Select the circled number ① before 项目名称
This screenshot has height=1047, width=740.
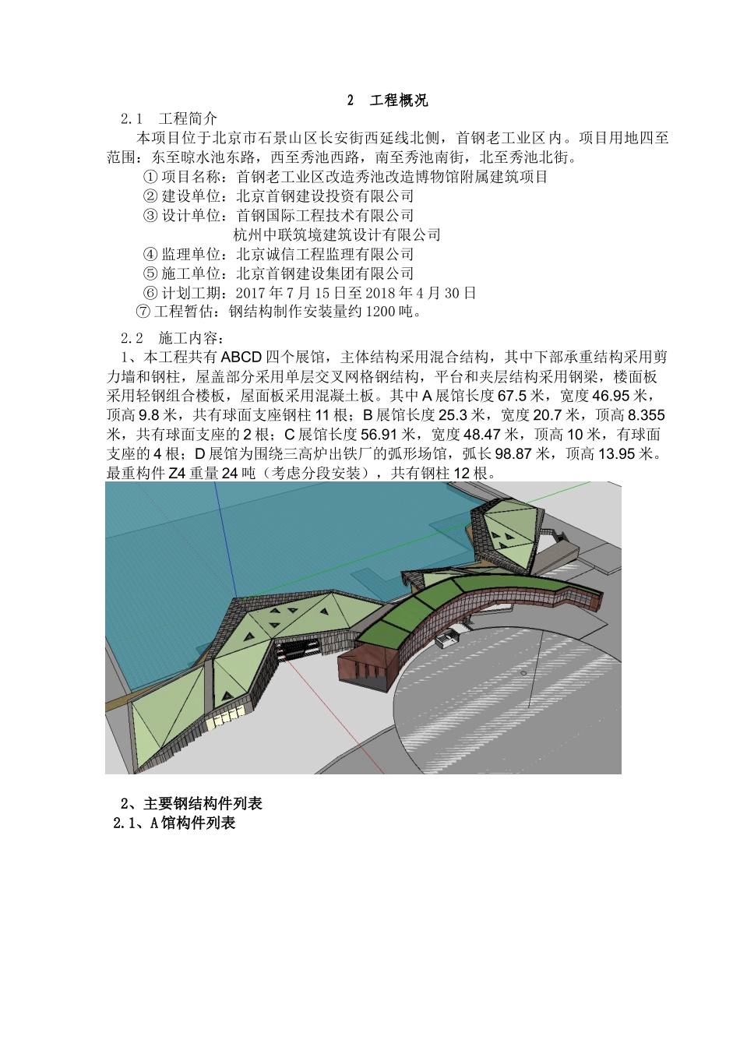[151, 177]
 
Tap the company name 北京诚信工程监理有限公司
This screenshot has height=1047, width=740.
[325, 255]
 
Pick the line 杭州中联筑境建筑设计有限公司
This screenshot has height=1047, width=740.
[337, 235]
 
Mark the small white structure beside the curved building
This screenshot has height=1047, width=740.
[446, 640]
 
